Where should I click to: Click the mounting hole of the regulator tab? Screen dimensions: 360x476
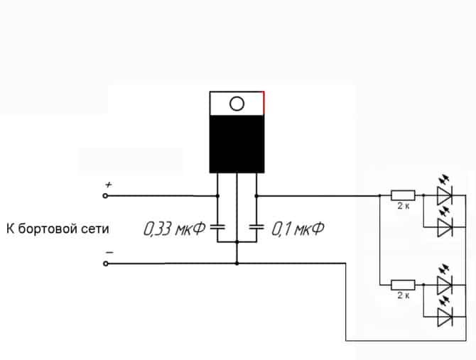[237, 104]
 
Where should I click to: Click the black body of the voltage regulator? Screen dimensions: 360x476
[237, 143]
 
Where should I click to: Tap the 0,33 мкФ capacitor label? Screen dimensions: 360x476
[174, 229]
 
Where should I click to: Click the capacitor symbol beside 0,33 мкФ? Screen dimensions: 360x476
[218, 228]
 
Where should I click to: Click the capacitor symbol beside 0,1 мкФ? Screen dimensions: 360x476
[256, 228]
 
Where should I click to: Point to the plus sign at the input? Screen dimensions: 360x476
[108, 185]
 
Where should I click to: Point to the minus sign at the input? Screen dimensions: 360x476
[109, 251]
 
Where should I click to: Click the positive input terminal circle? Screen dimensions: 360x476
[107, 195]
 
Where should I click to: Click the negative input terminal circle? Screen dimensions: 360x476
[107, 263]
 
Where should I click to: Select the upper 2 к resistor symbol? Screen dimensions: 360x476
[403, 195]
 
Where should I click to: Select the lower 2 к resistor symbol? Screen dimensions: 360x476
[403, 285]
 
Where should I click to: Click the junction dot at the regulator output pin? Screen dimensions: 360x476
[256, 195]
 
